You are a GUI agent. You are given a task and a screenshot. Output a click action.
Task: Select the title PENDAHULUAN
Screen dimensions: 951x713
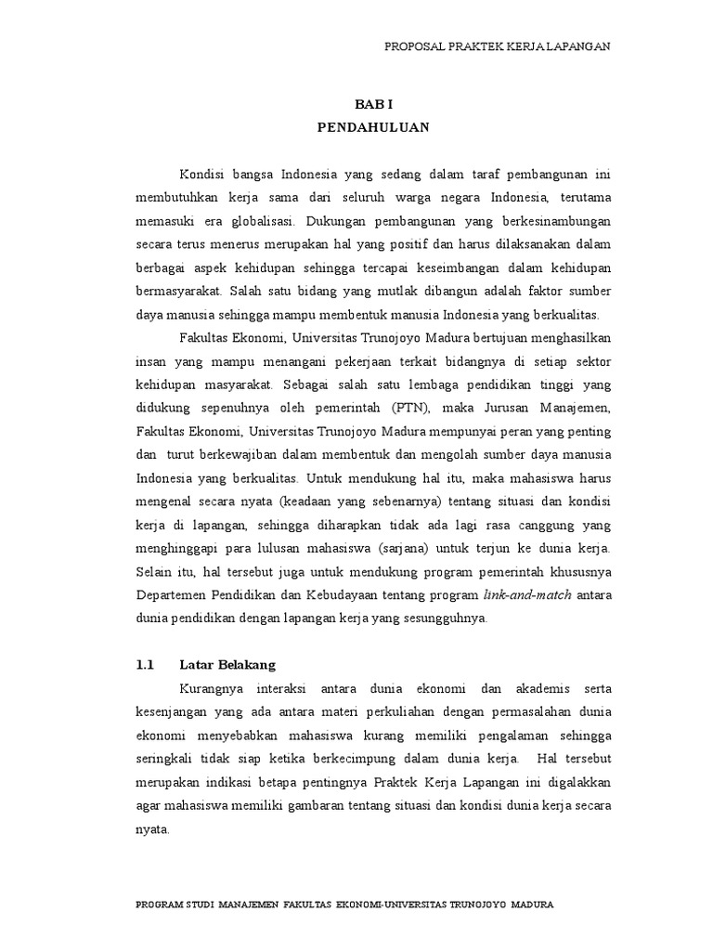click(374, 127)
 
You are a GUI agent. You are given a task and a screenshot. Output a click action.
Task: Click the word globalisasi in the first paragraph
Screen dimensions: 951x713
click(254, 222)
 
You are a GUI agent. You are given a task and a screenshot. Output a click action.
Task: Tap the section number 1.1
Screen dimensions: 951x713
click(144, 665)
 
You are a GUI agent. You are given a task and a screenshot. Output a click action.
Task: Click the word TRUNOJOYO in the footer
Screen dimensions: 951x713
click(480, 903)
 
